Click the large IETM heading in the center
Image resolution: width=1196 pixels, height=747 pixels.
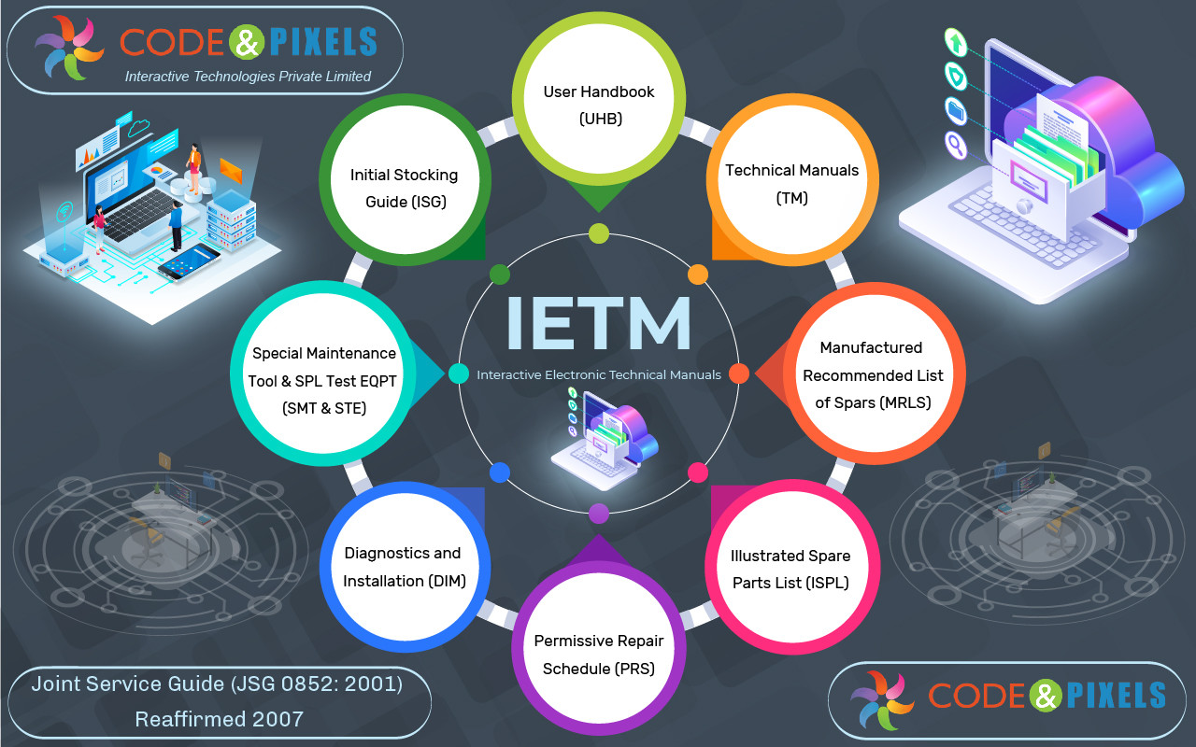[599, 323]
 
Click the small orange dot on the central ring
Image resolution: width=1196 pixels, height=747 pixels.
[698, 275]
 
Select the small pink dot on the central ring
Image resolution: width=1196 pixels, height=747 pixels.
[698, 472]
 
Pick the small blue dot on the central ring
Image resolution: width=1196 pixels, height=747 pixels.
[500, 472]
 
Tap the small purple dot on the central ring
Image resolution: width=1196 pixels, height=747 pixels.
[599, 514]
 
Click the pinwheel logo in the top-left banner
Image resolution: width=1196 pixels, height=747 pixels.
[69, 47]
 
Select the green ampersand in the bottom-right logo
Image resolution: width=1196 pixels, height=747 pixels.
[1046, 696]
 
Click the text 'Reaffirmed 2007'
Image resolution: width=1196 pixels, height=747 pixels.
[220, 719]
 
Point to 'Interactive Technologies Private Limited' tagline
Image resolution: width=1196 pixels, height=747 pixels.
[248, 77]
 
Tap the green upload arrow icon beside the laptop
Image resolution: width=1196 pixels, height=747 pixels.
[956, 42]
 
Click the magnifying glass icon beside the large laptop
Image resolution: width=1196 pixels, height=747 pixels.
[956, 145]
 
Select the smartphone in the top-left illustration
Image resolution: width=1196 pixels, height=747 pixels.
[189, 262]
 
